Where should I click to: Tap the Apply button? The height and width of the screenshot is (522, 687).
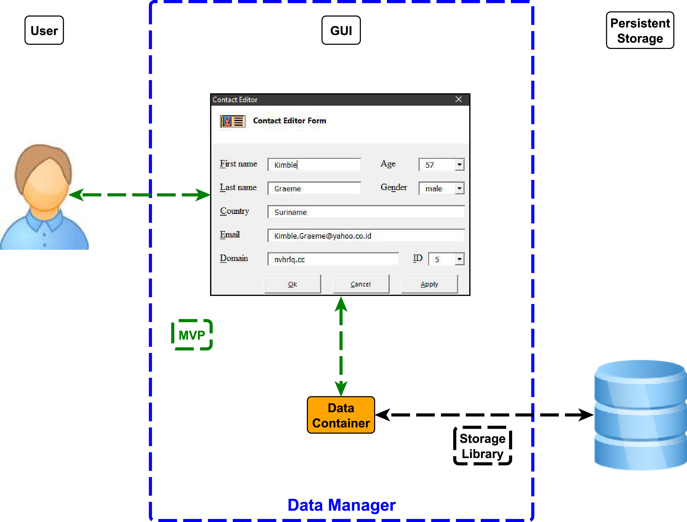coord(429,284)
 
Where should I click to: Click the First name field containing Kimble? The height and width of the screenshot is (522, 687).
coord(314,165)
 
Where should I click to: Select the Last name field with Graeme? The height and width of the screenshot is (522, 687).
coord(314,188)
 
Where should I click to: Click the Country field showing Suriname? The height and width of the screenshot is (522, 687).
coord(366,212)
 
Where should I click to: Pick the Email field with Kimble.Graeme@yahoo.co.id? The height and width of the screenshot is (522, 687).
coord(366,235)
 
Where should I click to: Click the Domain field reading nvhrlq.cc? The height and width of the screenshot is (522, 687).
coord(333,259)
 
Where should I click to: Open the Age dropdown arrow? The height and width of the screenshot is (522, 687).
coord(459,165)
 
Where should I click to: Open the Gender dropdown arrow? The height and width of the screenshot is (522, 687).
coord(459,188)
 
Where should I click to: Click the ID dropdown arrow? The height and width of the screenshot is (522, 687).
coord(459,259)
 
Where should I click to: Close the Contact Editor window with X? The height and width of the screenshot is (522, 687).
coord(458,99)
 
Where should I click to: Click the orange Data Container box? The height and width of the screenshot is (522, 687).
coord(341,415)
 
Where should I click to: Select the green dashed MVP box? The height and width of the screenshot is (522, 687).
coord(192,335)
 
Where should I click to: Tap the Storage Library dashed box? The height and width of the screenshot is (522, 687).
coord(482,446)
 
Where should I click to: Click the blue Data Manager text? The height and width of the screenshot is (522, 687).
coord(341,505)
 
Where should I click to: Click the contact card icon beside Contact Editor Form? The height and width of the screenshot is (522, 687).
coord(233,121)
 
